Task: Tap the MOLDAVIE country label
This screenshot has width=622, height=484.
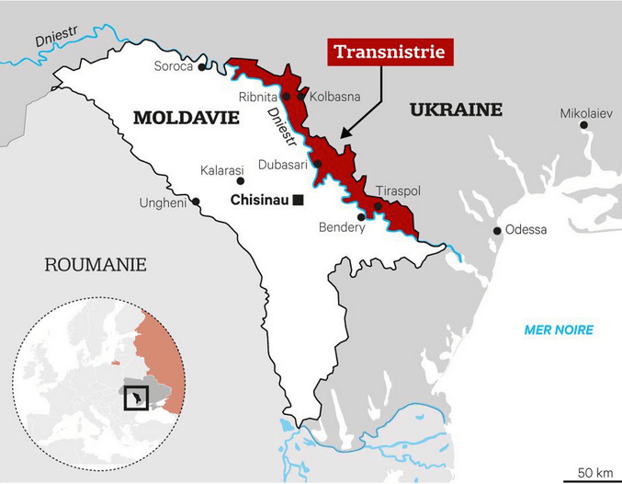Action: point(187,118)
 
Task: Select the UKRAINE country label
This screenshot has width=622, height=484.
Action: point(456,110)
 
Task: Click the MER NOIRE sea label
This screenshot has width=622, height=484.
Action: point(558,330)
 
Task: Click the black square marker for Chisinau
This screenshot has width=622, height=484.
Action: point(297,200)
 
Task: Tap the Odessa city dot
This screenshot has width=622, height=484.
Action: point(497,230)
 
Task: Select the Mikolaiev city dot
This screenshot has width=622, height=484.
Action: point(585,129)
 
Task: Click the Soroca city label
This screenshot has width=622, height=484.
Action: point(173,67)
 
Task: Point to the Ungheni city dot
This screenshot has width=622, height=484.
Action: point(196,202)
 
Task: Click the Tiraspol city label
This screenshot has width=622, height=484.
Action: point(398,190)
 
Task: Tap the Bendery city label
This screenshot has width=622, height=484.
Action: point(341,227)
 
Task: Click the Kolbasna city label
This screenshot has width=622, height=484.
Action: point(334,96)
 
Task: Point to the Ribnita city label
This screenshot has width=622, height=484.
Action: point(257,96)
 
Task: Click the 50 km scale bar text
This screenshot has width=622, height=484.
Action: point(594,472)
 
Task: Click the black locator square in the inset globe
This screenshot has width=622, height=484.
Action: point(134,397)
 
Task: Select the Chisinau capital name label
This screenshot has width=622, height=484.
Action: point(260,200)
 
